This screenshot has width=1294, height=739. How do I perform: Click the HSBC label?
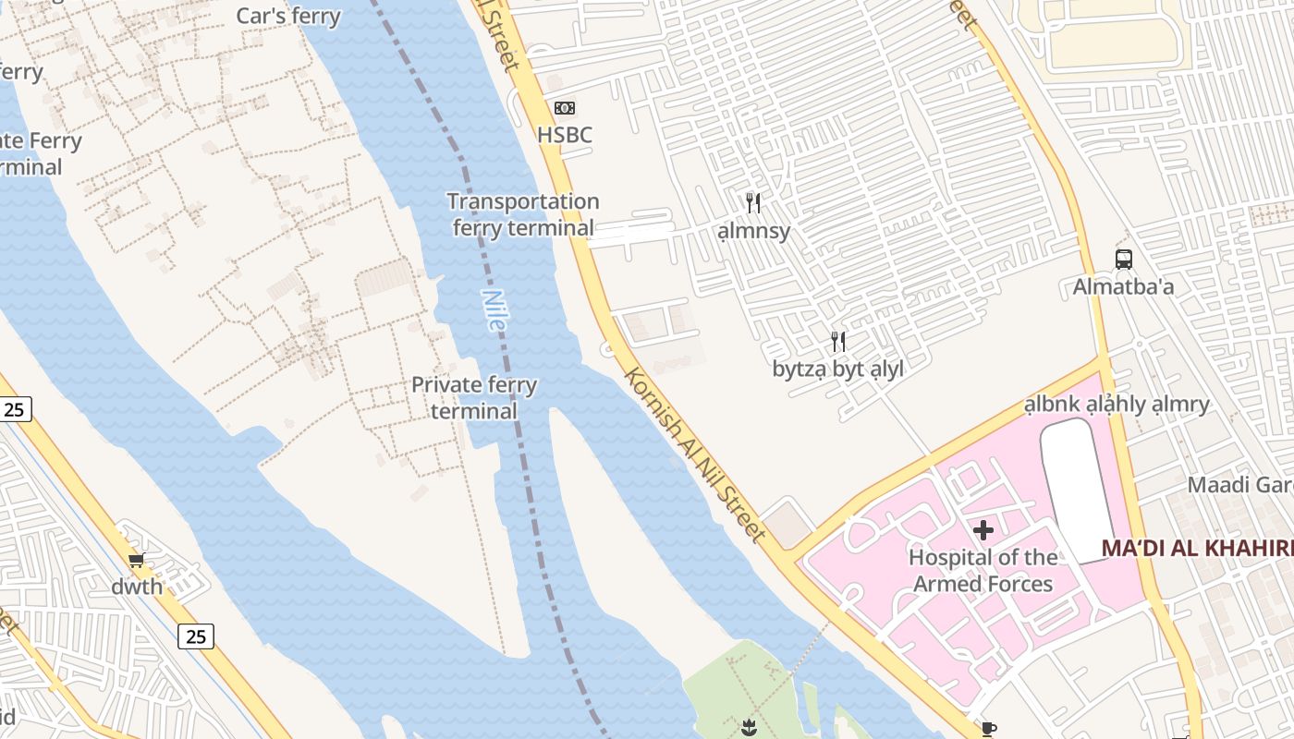[565, 136]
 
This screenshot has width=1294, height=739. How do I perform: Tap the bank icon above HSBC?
[565, 108]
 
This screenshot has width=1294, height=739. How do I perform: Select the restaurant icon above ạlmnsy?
[753, 203]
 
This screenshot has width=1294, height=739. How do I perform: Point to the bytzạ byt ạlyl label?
[837, 369]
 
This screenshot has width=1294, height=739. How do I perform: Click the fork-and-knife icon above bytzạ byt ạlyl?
[837, 342]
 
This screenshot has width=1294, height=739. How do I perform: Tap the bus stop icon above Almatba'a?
[1123, 260]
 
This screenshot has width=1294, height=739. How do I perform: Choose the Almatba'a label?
[1123, 287]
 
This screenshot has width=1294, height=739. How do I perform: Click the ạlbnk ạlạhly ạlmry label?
[1117, 405]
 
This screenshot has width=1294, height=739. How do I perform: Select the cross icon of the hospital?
[983, 530]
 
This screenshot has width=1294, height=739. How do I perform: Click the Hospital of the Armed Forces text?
[983, 570]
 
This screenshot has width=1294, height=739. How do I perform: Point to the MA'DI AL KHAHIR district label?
[1197, 548]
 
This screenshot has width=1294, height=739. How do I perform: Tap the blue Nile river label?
[494, 310]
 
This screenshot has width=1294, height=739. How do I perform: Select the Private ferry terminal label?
[474, 397]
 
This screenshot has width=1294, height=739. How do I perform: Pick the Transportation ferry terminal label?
[523, 214]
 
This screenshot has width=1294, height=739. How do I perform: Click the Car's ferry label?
[288, 16]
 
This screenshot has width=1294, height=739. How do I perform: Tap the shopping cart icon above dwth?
[137, 560]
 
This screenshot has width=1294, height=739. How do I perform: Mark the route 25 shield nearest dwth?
[195, 636]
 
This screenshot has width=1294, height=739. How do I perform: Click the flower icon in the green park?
[749, 727]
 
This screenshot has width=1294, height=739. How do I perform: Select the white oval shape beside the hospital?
[1077, 490]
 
